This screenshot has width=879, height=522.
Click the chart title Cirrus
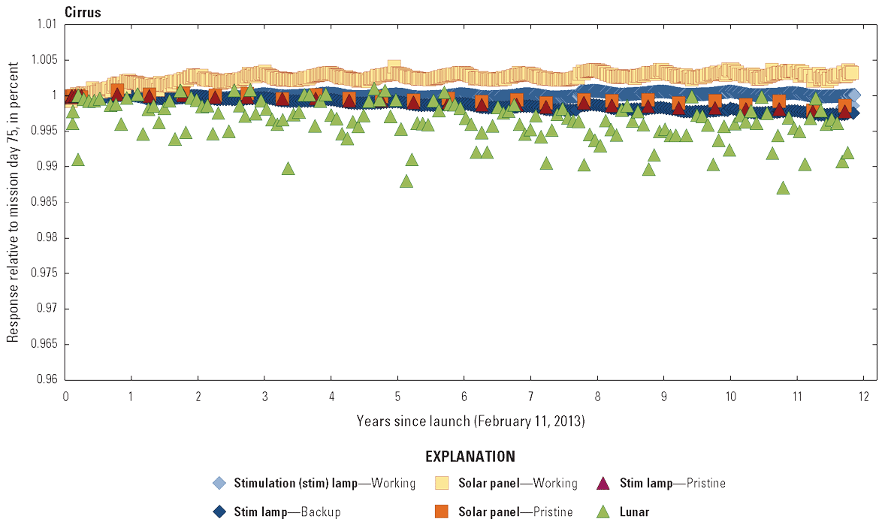[83, 12]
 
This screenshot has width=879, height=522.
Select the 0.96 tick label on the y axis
[47, 379]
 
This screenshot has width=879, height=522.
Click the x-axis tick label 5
[397, 396]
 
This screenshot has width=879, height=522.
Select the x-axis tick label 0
[66, 396]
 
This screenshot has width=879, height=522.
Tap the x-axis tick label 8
[597, 396]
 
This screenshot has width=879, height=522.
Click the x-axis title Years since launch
[471, 421]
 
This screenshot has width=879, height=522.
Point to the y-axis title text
[14, 203]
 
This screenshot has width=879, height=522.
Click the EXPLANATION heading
[470, 457]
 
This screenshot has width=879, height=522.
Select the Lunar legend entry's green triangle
[603, 512]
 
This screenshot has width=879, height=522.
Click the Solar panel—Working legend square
[442, 483]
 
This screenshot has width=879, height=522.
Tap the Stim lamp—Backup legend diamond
[219, 512]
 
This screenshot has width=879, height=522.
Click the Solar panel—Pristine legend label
[515, 512]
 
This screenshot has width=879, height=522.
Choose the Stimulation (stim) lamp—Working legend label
[325, 483]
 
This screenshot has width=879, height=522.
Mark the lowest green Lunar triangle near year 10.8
[783, 188]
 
